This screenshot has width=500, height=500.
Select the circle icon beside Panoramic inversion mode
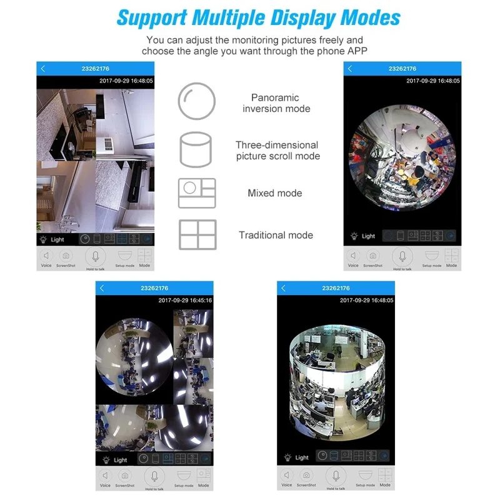tap(197, 101)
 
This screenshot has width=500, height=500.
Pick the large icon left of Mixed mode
tap(197, 193)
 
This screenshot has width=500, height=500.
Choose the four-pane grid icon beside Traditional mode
tap(197, 235)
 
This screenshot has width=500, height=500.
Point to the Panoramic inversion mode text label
tap(276, 103)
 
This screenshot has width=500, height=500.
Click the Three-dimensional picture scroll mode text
tap(277, 151)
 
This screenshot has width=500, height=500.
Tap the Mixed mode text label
tap(275, 193)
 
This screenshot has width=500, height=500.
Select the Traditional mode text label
tap(276, 235)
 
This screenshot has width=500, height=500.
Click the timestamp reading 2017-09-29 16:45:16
tap(185, 301)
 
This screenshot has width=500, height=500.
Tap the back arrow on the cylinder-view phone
tap(284, 288)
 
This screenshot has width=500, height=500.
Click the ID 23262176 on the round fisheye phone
tap(402, 69)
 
